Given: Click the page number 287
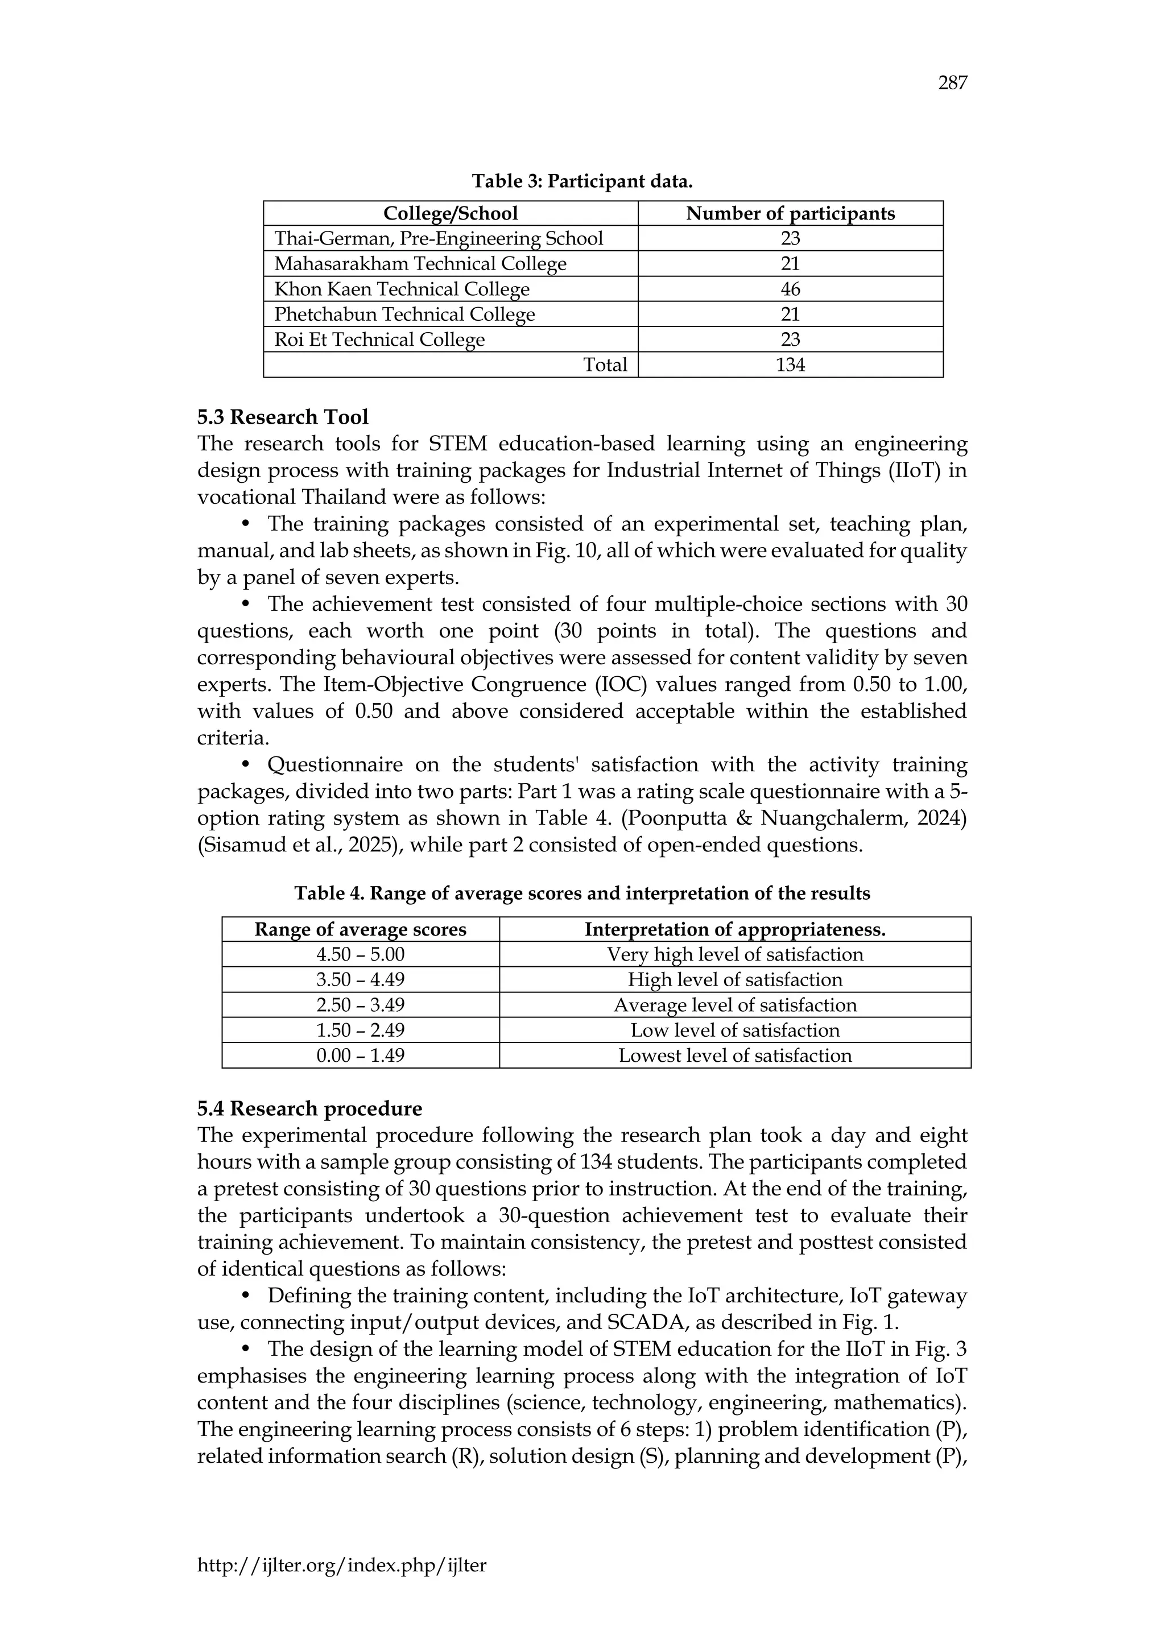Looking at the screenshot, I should tap(952, 84).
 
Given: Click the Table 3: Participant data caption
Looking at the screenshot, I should tap(582, 181).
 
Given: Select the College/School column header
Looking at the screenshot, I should tap(450, 213).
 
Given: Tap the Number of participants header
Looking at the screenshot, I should tap(790, 213).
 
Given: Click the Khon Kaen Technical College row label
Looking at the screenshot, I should tap(402, 289).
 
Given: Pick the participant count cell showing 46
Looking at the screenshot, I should tap(790, 289).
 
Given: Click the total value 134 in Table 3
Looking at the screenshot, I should tap(790, 365).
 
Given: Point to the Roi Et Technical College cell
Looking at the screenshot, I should tap(379, 340).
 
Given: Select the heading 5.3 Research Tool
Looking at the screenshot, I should tap(283, 417).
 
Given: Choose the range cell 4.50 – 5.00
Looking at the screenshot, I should tap(360, 955).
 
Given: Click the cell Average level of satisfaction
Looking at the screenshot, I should tap(734, 1005).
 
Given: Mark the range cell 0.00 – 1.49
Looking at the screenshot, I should tap(360, 1055).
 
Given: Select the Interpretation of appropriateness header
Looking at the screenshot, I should tap(734, 930).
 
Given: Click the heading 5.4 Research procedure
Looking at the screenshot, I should tap(309, 1109).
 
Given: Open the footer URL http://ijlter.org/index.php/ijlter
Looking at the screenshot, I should tap(341, 1565).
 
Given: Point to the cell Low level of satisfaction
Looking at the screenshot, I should tap(734, 1030).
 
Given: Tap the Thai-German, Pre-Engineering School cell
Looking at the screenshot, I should tap(439, 238).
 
